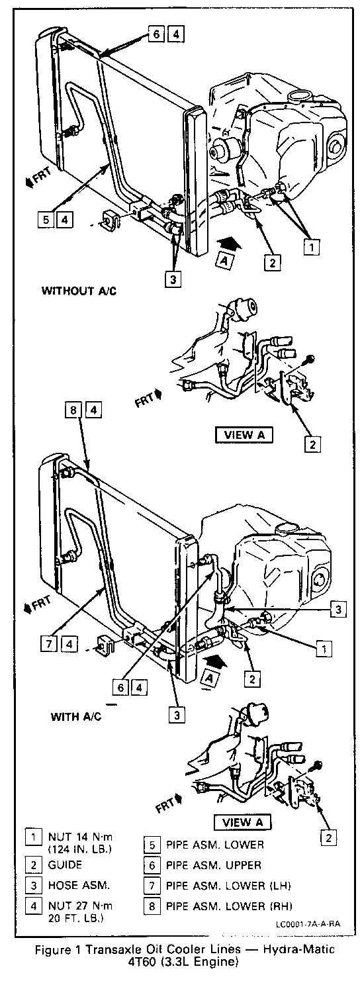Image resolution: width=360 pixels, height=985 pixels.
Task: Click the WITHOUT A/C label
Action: tap(79, 291)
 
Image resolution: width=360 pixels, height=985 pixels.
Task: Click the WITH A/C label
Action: tap(76, 716)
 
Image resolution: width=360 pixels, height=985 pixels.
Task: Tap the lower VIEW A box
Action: tap(242, 822)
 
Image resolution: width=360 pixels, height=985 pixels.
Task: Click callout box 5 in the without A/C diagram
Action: tap(46, 218)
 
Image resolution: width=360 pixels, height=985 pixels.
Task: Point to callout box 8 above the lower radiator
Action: tap(73, 410)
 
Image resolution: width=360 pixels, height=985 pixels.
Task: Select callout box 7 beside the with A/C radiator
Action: tap(49, 644)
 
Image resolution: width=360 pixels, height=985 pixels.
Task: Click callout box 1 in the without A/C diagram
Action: tap(312, 247)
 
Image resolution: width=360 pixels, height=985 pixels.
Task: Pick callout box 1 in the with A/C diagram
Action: tap(324, 648)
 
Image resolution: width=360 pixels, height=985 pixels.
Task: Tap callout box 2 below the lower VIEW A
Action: tap(328, 837)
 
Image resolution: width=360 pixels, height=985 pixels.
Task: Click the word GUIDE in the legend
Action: tap(65, 865)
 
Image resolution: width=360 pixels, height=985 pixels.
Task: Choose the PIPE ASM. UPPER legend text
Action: tap(214, 865)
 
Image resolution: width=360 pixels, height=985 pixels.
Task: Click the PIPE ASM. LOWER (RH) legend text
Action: tap(229, 906)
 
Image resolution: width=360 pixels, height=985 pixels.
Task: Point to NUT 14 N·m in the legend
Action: tap(80, 837)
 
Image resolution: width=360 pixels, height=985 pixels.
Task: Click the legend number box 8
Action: tap(152, 906)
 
